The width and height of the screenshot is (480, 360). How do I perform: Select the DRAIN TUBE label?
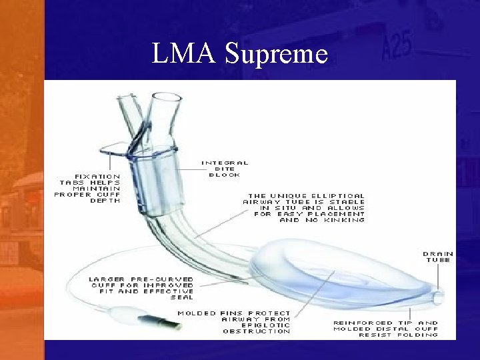tap(437, 257)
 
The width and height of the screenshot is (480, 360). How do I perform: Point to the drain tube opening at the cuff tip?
tap(437, 294)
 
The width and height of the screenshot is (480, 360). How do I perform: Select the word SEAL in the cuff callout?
tap(180, 298)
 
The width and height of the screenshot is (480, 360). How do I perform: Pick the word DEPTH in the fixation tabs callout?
tap(106, 201)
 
